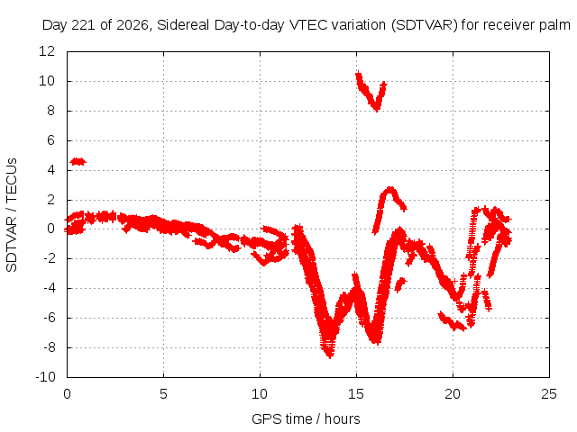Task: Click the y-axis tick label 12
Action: (x=47, y=51)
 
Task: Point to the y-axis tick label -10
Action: (x=45, y=377)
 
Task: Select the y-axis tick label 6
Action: (x=50, y=140)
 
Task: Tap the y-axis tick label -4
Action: (x=50, y=288)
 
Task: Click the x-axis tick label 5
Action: (x=163, y=394)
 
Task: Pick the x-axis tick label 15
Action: (x=356, y=394)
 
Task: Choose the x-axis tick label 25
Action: (x=549, y=394)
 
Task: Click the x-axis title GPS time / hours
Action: (x=306, y=418)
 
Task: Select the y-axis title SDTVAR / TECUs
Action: (x=12, y=215)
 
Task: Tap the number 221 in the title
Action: (x=84, y=25)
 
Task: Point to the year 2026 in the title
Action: (x=133, y=25)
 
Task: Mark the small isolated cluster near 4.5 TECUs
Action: (x=78, y=161)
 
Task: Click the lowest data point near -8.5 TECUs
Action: (x=329, y=355)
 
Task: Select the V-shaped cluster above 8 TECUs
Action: (x=371, y=91)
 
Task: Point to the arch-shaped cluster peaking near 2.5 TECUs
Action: (x=390, y=190)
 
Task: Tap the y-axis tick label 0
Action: (x=50, y=229)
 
